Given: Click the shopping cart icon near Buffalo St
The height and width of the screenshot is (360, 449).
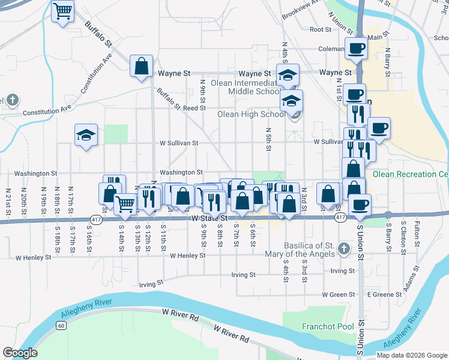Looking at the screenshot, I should coord(62,11).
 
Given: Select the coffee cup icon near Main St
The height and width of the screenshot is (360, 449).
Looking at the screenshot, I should coord(355,49).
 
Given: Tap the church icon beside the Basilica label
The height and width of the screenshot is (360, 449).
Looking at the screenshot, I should coord(343,248).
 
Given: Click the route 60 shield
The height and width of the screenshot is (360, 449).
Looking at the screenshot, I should coord(61,325).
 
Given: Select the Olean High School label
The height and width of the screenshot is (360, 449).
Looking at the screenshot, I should coord(251,114).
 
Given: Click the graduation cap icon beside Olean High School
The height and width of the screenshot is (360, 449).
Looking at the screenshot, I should coord(292,101).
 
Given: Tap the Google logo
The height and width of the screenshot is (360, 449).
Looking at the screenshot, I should coord(20,353).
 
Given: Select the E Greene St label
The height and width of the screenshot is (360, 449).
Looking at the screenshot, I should coord(383,295).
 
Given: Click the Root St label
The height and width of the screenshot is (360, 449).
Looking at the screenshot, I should coord(321,29).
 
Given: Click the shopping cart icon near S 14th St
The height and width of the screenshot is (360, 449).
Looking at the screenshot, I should coord(125,204).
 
